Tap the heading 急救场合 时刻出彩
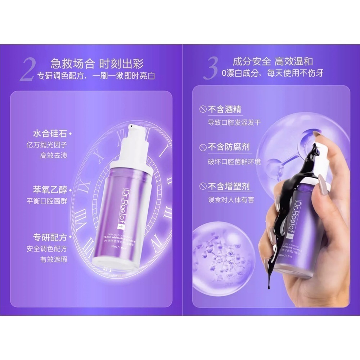(97, 64)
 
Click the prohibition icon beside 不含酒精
(203, 109)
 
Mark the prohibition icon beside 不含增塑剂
(203, 186)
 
